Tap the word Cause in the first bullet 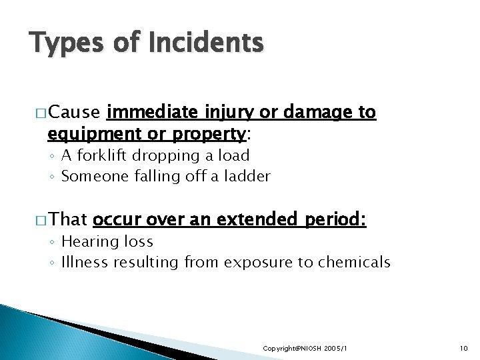tap(74, 112)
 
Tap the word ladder tap(247, 176)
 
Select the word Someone tap(91, 177)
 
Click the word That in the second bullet tap(69, 219)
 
